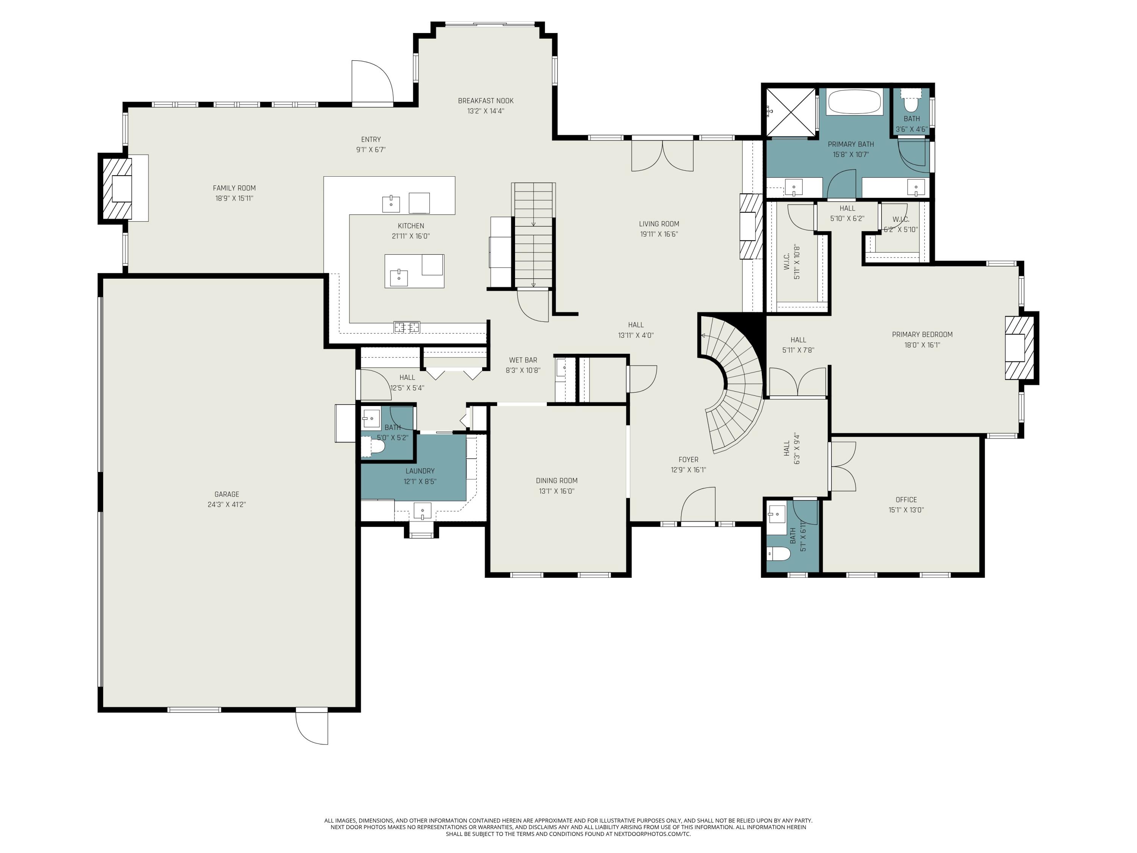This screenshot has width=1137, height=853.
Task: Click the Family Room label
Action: click(x=234, y=188)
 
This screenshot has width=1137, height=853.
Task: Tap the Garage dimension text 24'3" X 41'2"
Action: click(x=227, y=504)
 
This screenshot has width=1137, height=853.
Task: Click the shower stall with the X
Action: click(x=791, y=113)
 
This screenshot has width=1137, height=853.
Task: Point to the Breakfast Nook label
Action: click(x=486, y=101)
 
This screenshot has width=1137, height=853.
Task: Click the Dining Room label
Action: click(x=557, y=481)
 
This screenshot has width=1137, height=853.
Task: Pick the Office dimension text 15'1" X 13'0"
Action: click(x=906, y=510)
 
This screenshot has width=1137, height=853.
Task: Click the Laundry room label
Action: click(x=420, y=471)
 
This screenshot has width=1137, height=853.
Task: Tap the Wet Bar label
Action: click(x=523, y=360)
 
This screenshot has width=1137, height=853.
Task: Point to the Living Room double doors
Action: click(x=662, y=155)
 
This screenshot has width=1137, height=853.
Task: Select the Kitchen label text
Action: click(x=411, y=226)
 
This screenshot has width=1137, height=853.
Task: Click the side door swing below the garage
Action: click(x=312, y=727)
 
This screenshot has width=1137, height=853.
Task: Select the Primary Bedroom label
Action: click(x=922, y=334)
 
